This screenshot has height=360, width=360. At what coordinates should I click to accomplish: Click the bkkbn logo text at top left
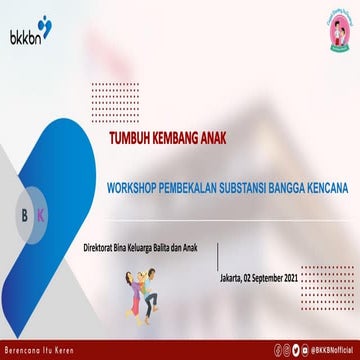pos(25,25)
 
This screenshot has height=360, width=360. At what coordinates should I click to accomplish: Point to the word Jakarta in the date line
pos(232,250)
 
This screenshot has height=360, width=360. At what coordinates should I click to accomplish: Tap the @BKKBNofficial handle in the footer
pos(331,350)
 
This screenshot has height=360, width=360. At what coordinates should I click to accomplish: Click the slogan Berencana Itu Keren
pos(40,350)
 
